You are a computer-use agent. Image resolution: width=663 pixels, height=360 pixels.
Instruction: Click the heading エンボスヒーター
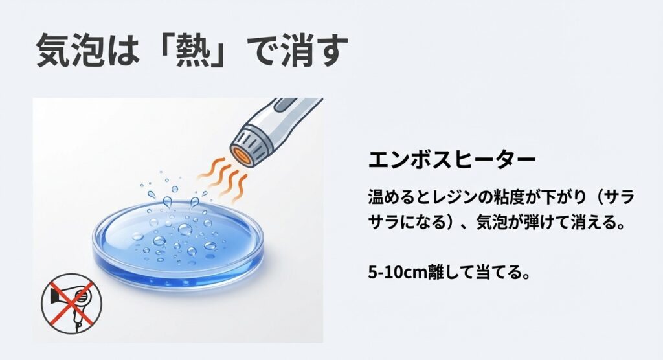[451, 160]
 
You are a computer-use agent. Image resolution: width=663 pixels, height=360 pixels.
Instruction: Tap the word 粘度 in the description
[499, 196]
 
